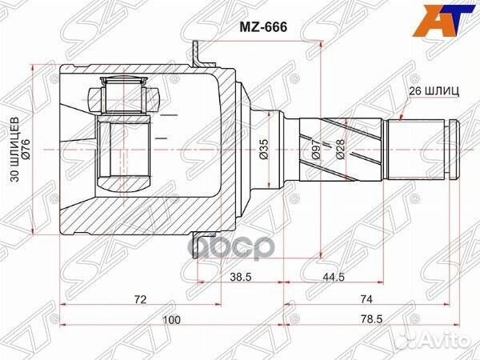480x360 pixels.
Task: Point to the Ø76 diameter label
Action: click(27, 150)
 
